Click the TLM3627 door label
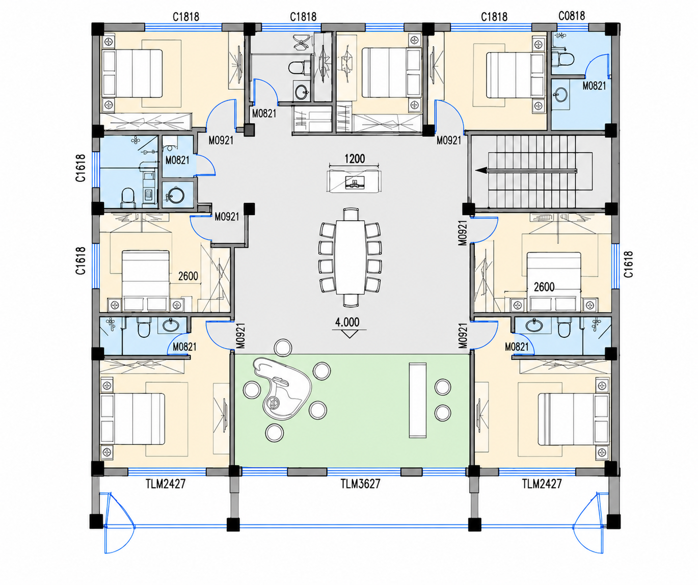360,484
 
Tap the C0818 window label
572,16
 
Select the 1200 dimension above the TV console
355,159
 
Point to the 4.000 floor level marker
347,322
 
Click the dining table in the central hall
350,257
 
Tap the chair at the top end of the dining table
351,214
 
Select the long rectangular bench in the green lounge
418,400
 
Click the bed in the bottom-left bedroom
132,419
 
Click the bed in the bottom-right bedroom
573,419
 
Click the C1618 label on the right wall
629,264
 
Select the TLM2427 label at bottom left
166,484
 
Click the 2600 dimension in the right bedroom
544,287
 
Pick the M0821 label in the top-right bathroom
595,86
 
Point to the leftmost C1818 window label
186,16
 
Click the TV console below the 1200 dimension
354,181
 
